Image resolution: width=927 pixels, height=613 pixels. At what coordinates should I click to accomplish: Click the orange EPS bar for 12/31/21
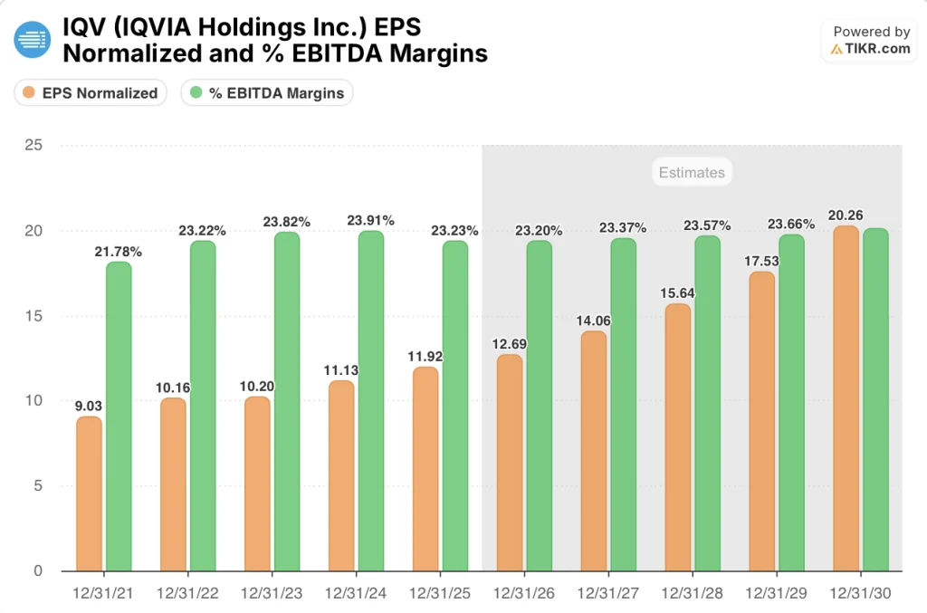[89, 493]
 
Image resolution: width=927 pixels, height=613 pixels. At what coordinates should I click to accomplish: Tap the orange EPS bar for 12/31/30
[846, 398]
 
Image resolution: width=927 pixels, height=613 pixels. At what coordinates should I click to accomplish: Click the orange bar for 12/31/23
[257, 484]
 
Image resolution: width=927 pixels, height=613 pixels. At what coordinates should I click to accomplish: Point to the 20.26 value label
[846, 216]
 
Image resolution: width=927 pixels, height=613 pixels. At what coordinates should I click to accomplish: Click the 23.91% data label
[371, 220]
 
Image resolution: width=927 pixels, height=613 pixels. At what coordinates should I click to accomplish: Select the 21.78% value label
[119, 252]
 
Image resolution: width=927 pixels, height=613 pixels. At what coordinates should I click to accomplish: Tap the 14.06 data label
[594, 321]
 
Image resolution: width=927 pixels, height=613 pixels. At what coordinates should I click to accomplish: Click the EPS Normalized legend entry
[91, 92]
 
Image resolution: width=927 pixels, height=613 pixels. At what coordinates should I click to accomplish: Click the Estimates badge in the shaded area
[692, 172]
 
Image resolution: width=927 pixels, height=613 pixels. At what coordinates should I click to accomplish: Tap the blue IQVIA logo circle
[33, 40]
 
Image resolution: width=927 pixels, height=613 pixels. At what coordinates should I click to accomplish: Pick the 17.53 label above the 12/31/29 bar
[762, 261]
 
